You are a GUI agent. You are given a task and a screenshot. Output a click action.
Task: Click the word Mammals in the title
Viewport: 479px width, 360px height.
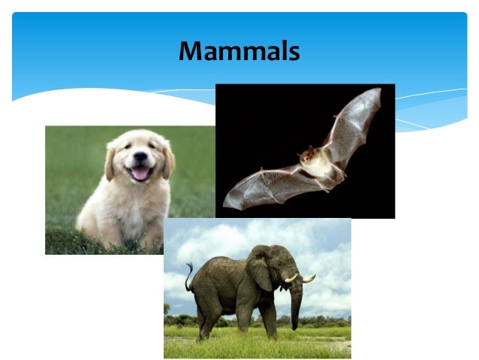[x=239, y=51]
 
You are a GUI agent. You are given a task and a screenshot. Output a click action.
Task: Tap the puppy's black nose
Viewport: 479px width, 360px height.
[x=140, y=157]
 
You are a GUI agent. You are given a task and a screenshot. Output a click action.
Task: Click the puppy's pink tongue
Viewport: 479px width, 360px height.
[x=140, y=174]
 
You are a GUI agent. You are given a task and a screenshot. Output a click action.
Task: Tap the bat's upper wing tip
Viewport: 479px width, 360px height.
[x=375, y=93]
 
